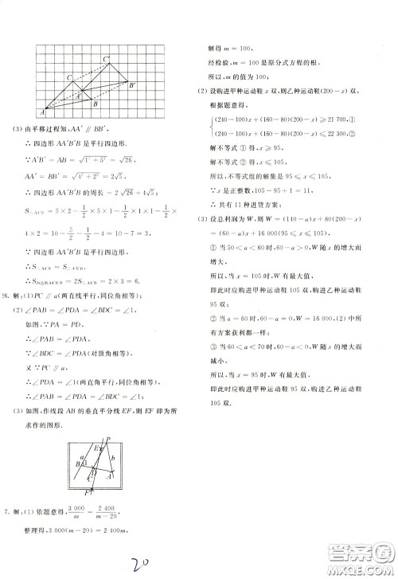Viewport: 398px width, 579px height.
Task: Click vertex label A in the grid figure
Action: click(42, 111)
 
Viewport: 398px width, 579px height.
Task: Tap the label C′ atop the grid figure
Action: click(105, 58)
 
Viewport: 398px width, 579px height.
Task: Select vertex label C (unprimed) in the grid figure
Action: click(69, 77)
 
